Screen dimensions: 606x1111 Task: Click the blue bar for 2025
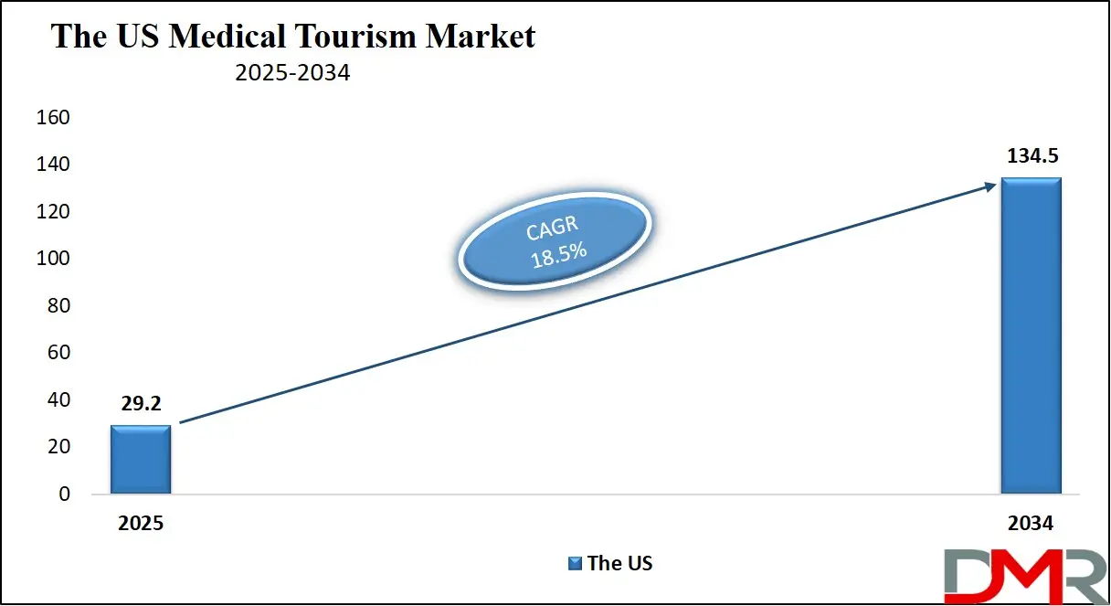tap(141, 459)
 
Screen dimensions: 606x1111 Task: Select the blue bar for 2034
tap(1031, 335)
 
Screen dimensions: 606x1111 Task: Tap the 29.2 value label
tap(140, 404)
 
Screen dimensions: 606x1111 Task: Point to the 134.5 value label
tap(1031, 156)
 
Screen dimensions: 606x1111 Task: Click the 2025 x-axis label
tap(141, 524)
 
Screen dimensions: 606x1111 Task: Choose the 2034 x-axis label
tap(1031, 524)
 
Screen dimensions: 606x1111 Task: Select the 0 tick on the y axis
tap(64, 494)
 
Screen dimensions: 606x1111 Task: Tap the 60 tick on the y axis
tap(58, 353)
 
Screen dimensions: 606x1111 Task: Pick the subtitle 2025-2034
tap(292, 73)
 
